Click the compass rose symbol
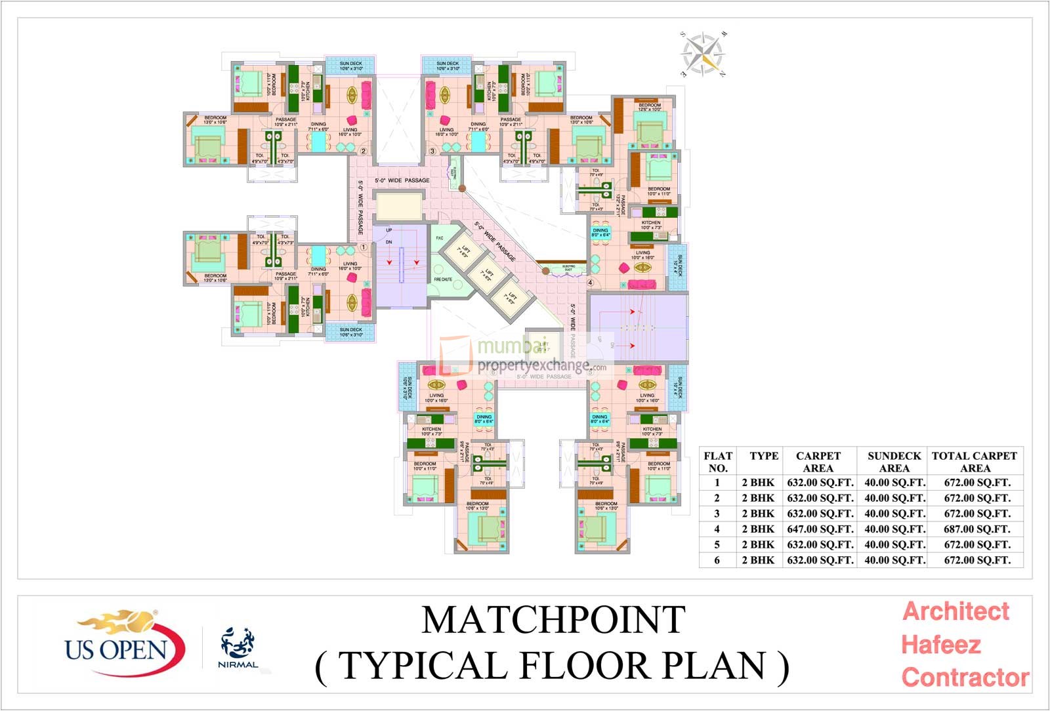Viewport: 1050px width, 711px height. (x=703, y=54)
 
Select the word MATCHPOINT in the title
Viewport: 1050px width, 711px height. (x=553, y=620)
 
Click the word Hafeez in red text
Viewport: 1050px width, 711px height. (x=940, y=645)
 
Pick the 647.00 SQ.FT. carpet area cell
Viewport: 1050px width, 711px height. (x=820, y=529)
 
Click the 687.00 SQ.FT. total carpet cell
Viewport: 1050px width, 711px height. (x=976, y=529)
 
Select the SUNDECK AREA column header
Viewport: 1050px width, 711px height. (x=894, y=462)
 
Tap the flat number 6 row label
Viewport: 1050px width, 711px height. (x=717, y=560)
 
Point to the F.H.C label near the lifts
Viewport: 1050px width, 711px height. (x=439, y=238)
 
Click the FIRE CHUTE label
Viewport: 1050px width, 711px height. (x=442, y=279)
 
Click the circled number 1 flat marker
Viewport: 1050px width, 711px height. (x=363, y=248)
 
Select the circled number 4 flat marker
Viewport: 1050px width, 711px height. (x=590, y=283)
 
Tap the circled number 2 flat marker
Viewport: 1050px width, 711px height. (x=363, y=151)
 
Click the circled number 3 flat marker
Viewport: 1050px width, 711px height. (x=432, y=151)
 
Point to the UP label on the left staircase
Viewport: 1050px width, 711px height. (x=388, y=230)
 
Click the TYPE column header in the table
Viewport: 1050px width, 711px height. (x=764, y=456)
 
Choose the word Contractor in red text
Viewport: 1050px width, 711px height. (x=965, y=677)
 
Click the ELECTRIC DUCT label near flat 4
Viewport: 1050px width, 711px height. (x=568, y=268)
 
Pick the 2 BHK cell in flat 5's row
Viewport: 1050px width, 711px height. (x=758, y=544)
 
